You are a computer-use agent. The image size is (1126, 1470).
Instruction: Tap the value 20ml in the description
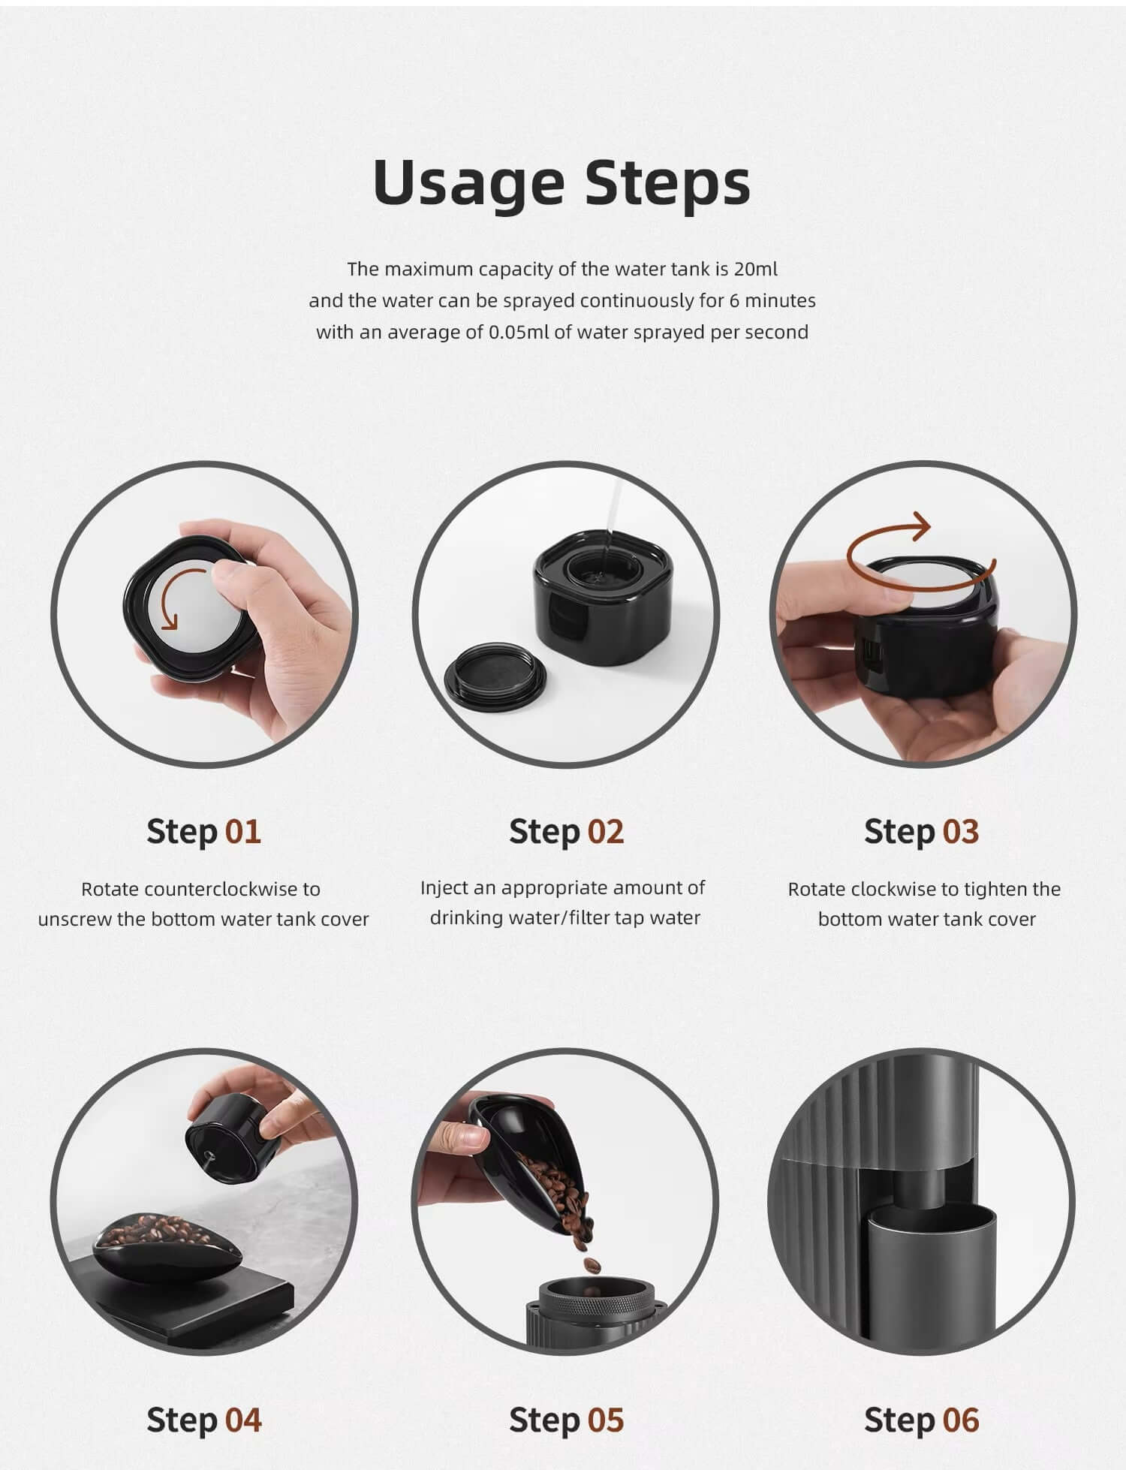click(756, 269)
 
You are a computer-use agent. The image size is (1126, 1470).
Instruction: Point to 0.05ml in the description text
click(519, 332)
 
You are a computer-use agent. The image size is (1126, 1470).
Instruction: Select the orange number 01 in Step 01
click(243, 832)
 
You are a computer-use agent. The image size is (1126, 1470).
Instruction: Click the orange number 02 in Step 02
click(606, 832)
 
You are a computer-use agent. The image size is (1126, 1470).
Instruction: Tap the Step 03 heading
click(921, 832)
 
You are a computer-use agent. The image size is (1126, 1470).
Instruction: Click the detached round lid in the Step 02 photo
click(495, 676)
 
